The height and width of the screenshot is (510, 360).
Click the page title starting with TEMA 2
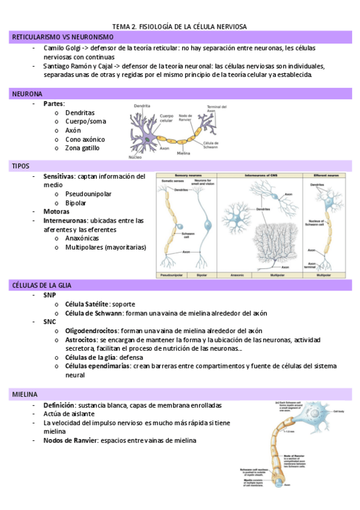tap(180, 26)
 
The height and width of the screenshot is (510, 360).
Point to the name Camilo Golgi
tap(62, 48)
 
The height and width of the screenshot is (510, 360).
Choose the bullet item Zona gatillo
tap(82, 148)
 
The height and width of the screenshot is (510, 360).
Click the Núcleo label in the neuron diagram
tap(135, 157)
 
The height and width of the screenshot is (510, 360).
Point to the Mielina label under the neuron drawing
tap(184, 153)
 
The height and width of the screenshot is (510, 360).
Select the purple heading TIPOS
tap(20, 165)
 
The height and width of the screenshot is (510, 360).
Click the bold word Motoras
tap(56, 212)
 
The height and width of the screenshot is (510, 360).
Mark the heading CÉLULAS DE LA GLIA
tap(46, 284)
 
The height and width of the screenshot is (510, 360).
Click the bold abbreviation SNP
tap(49, 295)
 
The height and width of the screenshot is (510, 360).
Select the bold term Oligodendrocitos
tap(92, 331)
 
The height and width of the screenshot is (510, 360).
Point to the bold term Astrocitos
tap(82, 340)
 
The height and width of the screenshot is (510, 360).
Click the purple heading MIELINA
tap(25, 395)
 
